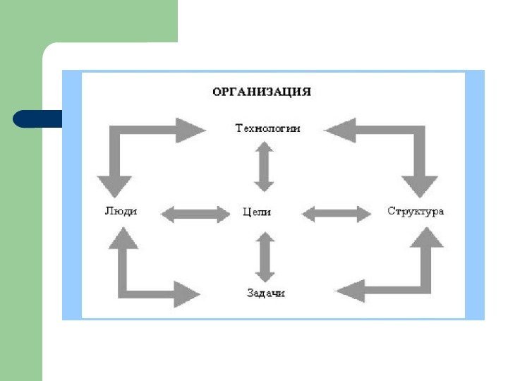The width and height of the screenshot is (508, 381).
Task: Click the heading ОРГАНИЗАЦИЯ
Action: point(262,92)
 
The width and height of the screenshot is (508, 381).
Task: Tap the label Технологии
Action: point(267,128)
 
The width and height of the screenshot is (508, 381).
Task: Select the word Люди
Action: point(121,211)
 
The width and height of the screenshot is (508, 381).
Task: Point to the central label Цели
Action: point(257,212)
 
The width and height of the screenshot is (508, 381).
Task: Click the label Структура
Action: point(416,211)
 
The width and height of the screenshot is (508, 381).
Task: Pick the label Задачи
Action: point(266,293)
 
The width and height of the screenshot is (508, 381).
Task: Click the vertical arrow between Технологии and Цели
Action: point(264,167)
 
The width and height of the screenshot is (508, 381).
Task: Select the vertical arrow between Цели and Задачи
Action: point(265,256)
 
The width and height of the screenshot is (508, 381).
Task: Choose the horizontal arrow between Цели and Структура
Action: point(337,213)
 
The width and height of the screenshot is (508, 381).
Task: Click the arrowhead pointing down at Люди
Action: point(114,186)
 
